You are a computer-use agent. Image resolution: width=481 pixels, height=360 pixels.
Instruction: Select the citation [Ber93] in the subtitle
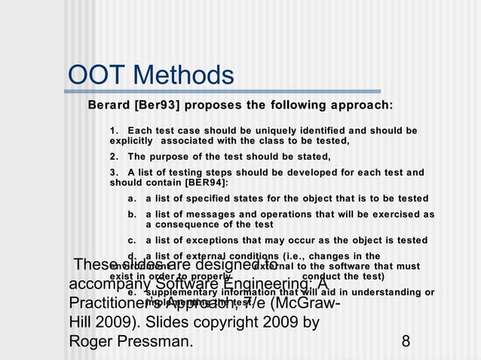tap(156, 104)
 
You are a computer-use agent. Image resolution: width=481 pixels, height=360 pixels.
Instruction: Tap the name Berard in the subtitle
tap(109, 104)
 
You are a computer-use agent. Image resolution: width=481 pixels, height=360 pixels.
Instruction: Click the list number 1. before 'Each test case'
tap(115, 130)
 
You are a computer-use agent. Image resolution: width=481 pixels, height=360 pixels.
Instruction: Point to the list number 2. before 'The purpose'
tap(115, 157)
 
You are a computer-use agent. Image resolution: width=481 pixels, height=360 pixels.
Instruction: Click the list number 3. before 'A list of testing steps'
tap(115, 172)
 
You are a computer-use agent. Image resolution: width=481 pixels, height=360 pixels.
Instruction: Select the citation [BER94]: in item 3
tap(206, 182)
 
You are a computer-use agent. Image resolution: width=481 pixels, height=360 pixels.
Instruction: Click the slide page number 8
tap(406, 341)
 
